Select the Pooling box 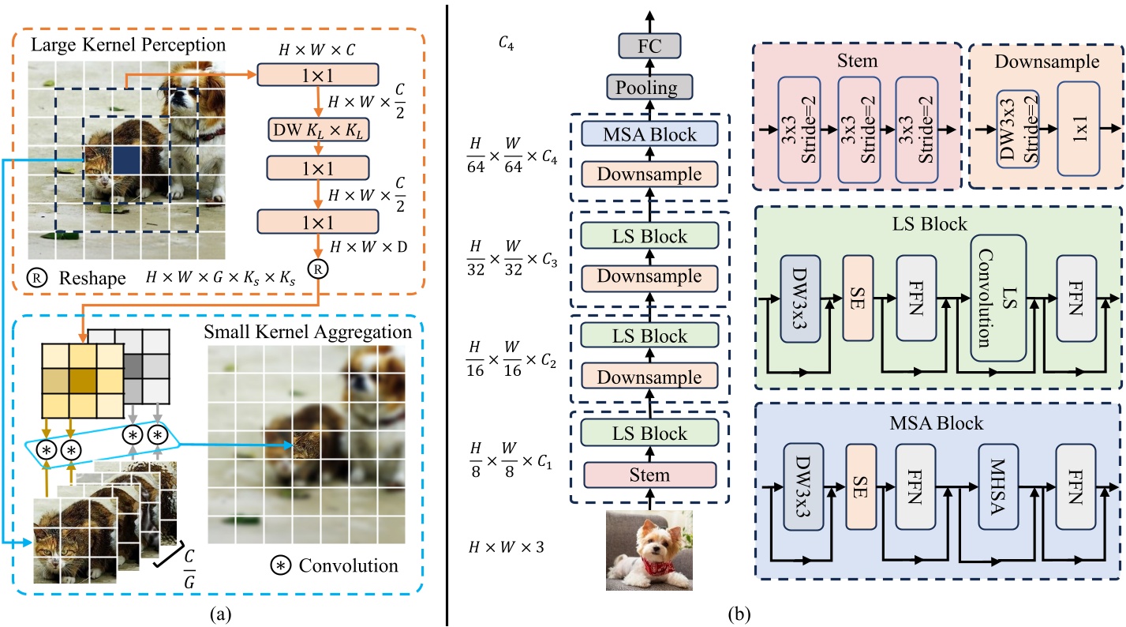(649, 87)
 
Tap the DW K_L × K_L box (318, 130)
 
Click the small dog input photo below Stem (649, 550)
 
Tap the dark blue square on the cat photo (125, 159)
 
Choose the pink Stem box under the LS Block (649, 475)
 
